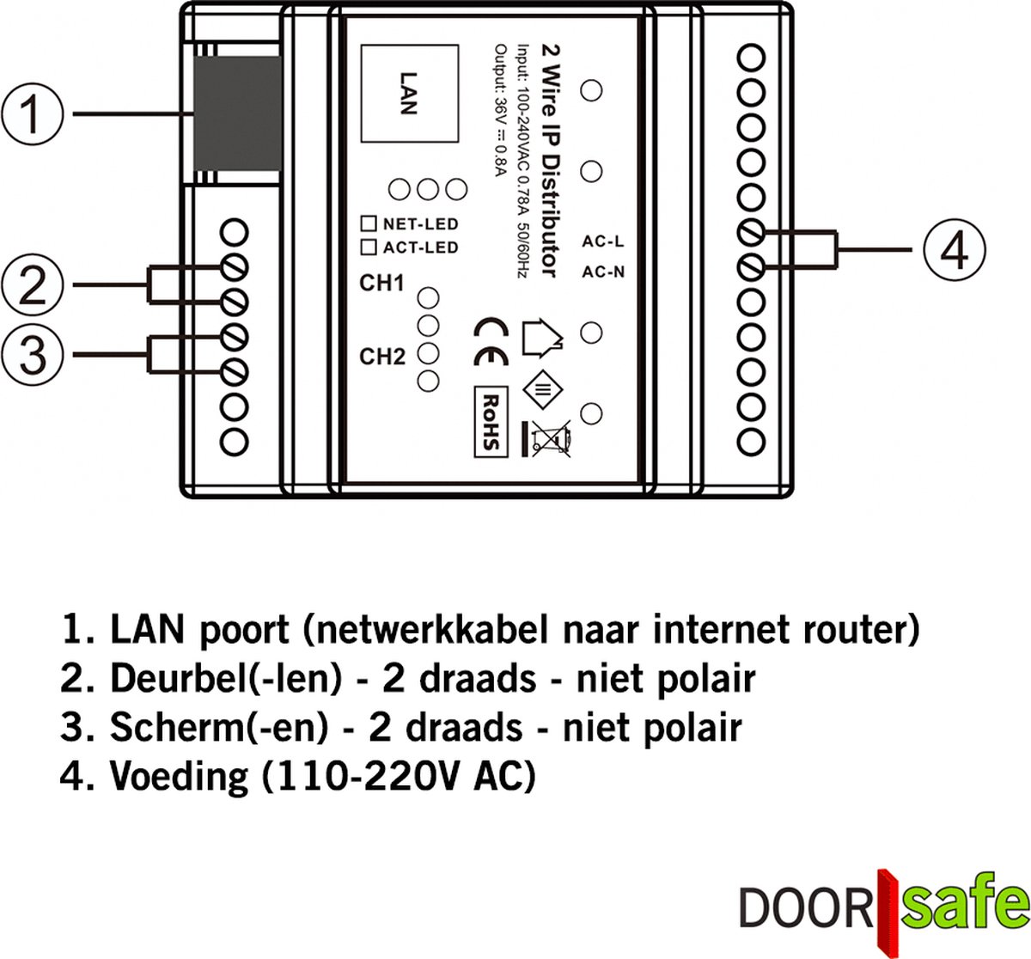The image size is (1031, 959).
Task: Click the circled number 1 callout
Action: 32,114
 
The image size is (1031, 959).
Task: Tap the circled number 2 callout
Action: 32,285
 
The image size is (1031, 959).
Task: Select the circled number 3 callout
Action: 32,353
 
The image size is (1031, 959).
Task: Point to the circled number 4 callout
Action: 954,251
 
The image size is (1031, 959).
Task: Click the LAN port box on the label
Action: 406,93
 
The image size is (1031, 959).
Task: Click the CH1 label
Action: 381,284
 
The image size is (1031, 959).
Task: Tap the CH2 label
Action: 381,356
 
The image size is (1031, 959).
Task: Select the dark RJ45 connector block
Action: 237,114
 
